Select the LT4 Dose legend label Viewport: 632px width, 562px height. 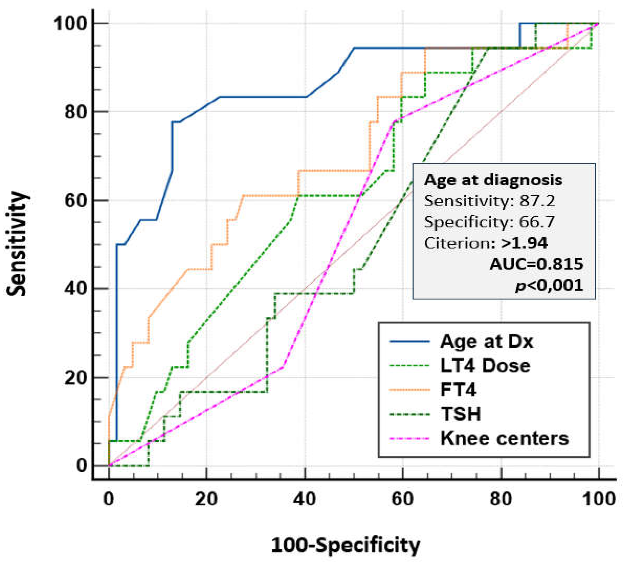tap(485, 366)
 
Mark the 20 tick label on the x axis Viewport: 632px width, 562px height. tap(206, 499)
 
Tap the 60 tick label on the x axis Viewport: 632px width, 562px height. tap(403, 499)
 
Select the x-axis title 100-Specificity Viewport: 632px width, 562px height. tap(345, 546)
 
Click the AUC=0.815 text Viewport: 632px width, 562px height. tap(536, 264)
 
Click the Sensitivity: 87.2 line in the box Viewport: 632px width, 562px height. tap(489, 201)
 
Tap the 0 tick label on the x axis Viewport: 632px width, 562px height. tap(108, 499)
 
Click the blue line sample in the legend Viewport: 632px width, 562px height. tap(410, 342)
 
